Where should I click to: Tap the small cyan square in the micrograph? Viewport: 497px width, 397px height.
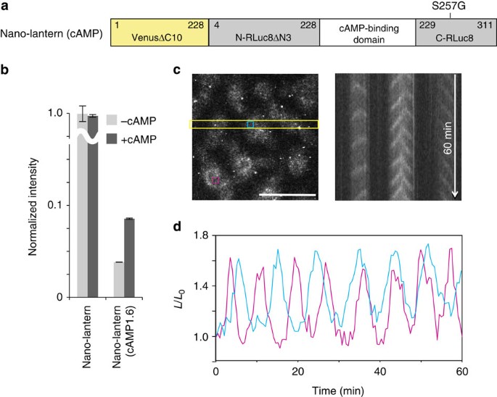pos(250,125)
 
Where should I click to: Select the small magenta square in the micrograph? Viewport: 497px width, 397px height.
pos(215,178)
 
